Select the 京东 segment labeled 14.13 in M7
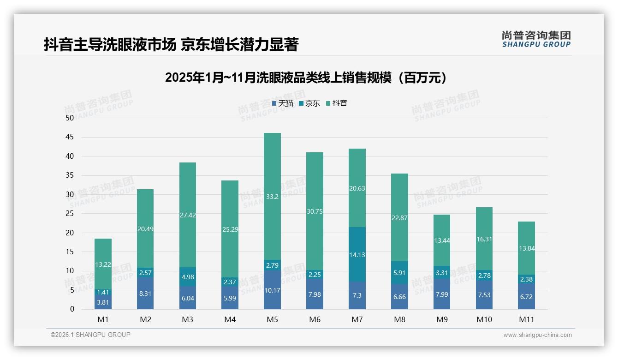(357, 254)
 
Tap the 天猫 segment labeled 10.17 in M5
(272, 290)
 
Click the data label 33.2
(272, 196)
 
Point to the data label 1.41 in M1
(103, 292)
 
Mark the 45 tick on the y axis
(70, 137)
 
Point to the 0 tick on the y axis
(72, 309)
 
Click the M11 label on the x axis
(526, 319)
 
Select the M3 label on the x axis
(187, 319)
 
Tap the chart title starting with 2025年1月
(306, 78)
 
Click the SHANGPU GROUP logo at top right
(536, 39)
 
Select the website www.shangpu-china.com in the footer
(537, 335)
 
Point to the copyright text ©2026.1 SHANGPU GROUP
(90, 335)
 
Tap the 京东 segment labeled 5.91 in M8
(399, 272)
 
